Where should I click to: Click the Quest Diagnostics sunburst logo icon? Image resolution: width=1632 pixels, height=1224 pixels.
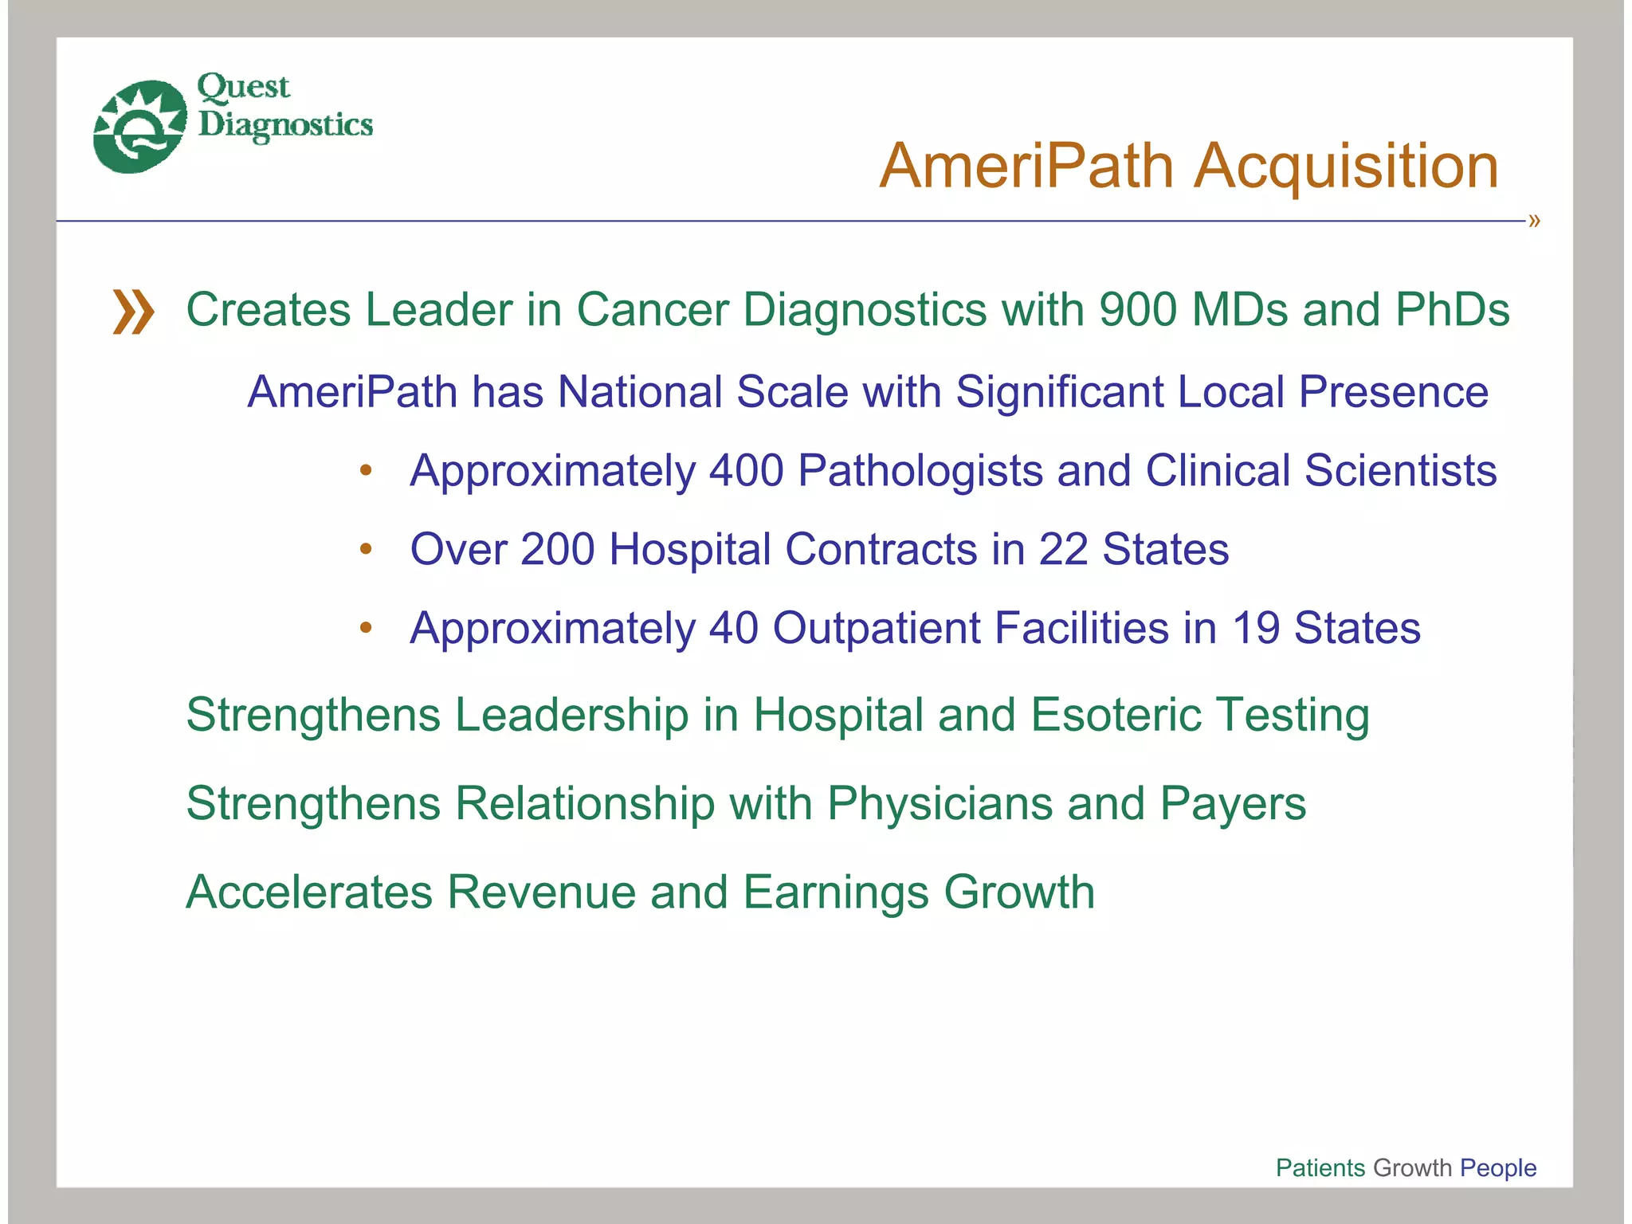[139, 126]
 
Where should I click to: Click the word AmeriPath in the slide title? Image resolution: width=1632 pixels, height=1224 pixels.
[1026, 167]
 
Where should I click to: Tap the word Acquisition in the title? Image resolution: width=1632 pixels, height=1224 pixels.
[1346, 167]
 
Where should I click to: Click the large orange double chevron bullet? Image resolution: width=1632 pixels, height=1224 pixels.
[133, 312]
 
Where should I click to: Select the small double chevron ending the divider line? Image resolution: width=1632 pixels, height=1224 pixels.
[1534, 221]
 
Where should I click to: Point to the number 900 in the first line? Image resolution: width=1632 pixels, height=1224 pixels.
[1138, 309]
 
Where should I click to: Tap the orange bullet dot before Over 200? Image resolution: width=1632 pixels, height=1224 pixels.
[366, 548]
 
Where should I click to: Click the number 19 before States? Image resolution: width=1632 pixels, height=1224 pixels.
[1255, 628]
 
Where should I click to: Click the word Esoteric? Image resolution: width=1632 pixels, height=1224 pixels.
[1116, 714]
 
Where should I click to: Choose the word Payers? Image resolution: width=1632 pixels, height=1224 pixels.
[1233, 803]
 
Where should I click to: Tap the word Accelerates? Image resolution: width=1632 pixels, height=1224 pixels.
[308, 892]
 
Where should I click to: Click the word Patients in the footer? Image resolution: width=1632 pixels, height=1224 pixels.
[1320, 1167]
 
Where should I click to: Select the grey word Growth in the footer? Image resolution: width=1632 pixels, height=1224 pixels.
[1413, 1167]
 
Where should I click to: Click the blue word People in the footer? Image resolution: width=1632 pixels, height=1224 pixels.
[1498, 1167]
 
